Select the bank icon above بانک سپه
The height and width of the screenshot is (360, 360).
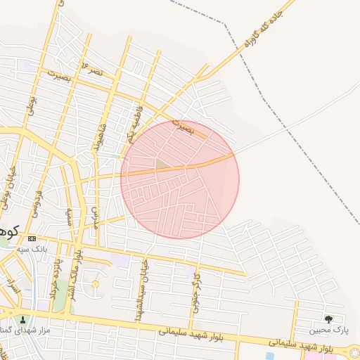coord(32,239)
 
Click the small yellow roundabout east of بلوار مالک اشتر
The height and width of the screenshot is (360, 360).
coord(95,284)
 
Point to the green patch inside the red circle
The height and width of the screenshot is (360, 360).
coord(162,165)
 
